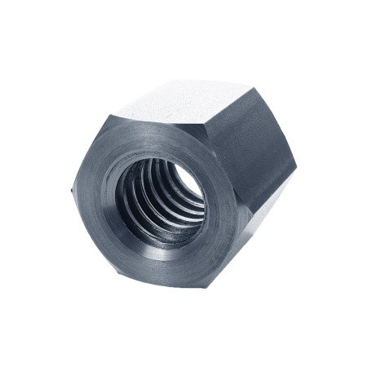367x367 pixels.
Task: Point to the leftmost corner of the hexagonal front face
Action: click(x=71, y=193)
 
